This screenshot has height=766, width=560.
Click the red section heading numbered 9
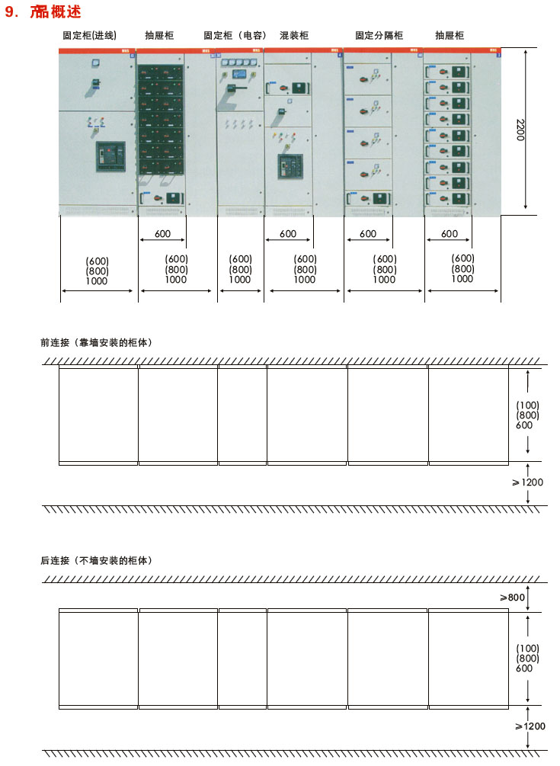tap(43, 11)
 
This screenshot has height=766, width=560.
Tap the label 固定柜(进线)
tap(89, 35)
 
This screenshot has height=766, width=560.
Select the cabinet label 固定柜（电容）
tap(235, 35)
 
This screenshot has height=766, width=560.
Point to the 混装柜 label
tap(294, 35)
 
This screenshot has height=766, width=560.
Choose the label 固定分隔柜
tap(379, 35)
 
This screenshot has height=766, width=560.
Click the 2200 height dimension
tap(520, 130)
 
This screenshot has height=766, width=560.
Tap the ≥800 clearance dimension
tap(512, 598)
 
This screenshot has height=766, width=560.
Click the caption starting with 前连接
tap(96, 342)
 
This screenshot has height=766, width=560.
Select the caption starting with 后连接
tap(96, 560)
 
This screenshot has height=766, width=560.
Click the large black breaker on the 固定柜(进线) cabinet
tap(110, 156)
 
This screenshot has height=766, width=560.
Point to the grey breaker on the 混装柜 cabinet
tap(290, 167)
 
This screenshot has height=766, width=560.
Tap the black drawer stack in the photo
tap(161, 119)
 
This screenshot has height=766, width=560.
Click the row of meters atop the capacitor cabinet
tap(239, 62)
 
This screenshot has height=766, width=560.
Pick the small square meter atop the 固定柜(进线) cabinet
tap(96, 62)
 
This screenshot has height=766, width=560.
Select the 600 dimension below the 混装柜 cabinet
tap(288, 234)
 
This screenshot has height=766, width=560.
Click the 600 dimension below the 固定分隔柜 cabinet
tap(368, 234)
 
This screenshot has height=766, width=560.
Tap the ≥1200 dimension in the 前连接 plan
tap(527, 482)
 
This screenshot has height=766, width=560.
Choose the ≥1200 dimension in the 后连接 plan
tap(530, 726)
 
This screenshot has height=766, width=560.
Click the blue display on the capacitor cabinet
tap(239, 74)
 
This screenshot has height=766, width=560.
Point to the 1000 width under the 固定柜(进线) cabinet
tap(97, 281)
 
